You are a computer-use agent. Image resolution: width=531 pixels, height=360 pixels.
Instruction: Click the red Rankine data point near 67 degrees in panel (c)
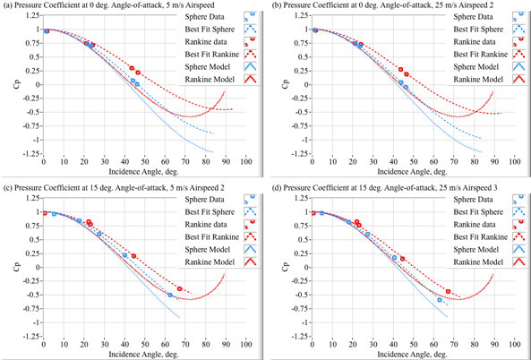(180, 288)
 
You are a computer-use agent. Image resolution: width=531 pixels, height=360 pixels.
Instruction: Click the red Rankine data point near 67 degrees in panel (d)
(448, 291)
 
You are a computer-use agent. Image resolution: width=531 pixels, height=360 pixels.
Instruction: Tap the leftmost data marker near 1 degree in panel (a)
(47, 31)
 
